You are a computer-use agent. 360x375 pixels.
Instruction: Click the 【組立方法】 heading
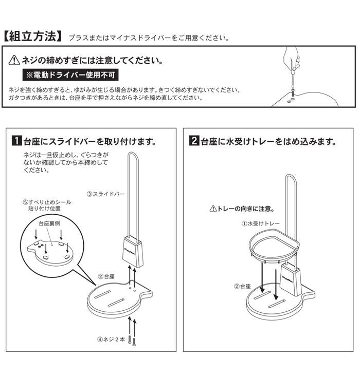(33, 36)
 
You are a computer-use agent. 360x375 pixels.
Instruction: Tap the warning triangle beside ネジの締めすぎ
(14, 60)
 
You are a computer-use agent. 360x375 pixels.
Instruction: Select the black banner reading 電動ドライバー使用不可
(70, 75)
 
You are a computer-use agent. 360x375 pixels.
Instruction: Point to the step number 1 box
(17, 141)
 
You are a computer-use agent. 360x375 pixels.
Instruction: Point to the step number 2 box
(194, 141)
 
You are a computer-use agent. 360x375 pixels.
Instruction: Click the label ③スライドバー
(105, 194)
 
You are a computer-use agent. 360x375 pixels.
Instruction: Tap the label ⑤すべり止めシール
(47, 202)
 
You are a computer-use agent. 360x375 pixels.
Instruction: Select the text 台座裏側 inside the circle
(49, 223)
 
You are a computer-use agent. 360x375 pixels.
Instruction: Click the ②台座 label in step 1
(106, 276)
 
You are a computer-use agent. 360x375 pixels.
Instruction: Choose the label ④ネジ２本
(111, 340)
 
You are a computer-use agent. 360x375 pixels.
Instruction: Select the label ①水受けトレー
(260, 223)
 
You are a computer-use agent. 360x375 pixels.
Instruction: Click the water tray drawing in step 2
(274, 248)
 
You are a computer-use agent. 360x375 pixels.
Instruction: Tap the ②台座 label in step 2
(242, 286)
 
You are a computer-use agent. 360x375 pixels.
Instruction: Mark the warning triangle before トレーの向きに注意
(213, 209)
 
